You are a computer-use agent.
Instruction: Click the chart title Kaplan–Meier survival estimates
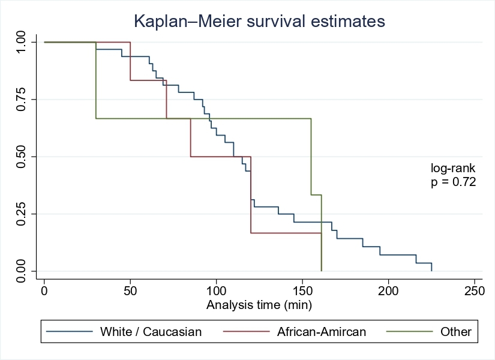point(259,22)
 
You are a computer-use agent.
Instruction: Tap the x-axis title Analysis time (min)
point(259,305)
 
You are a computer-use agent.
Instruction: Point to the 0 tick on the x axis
point(44,290)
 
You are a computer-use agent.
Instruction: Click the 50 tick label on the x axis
point(130,290)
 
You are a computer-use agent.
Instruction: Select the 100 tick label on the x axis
point(216,290)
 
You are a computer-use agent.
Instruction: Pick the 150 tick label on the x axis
point(302,290)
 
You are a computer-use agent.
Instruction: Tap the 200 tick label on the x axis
point(388,290)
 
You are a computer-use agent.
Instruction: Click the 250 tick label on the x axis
point(474,290)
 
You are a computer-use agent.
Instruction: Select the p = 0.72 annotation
point(453,183)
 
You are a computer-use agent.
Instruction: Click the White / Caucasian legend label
point(151,331)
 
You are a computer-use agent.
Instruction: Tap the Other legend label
point(456,331)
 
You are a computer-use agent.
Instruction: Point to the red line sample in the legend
point(245,331)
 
